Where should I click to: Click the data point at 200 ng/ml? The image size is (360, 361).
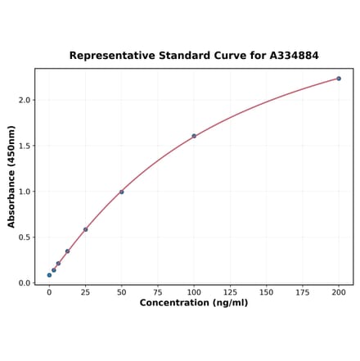pyautogui.click(x=339, y=79)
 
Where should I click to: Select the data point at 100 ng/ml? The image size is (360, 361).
pyautogui.click(x=194, y=136)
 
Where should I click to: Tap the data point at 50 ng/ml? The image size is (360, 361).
pyautogui.click(x=122, y=192)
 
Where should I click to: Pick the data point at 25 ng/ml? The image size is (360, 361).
pyautogui.click(x=85, y=229)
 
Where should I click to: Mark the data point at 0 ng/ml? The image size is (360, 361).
pyautogui.click(x=49, y=275)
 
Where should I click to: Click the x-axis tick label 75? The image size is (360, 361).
pyautogui.click(x=158, y=292)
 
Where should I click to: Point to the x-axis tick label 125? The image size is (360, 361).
pyautogui.click(x=230, y=292)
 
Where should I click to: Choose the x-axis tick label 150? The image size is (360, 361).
pyautogui.click(x=267, y=292)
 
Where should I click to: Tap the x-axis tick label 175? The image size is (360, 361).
pyautogui.click(x=303, y=292)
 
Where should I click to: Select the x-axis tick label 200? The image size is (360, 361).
pyautogui.click(x=339, y=292)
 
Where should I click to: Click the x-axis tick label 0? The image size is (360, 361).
pyautogui.click(x=49, y=292)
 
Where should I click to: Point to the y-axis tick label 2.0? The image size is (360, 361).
pyautogui.click(x=25, y=100)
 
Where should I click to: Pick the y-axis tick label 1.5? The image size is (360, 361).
pyautogui.click(x=25, y=146)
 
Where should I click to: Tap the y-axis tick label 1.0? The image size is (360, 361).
pyautogui.click(x=25, y=192)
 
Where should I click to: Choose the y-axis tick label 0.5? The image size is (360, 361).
pyautogui.click(x=25, y=237)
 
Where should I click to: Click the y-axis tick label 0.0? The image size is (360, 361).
pyautogui.click(x=25, y=283)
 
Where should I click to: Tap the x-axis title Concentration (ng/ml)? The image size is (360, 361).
pyautogui.click(x=194, y=303)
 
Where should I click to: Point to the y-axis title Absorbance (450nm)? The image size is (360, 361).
pyautogui.click(x=11, y=176)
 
